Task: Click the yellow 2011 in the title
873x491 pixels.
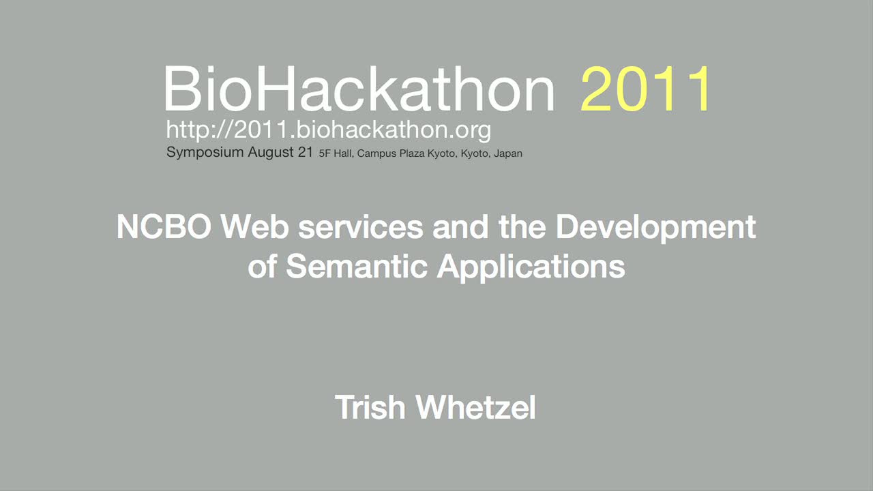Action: [645, 89]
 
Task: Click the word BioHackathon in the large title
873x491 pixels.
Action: [359, 89]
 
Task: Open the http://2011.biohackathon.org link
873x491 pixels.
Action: [329, 130]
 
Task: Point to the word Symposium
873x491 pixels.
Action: [205, 152]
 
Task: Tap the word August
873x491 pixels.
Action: [271, 152]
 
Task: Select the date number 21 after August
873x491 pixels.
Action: [306, 151]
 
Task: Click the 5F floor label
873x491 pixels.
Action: [324, 153]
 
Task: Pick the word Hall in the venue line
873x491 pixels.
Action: [343, 153]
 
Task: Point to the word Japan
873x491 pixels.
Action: [508, 154]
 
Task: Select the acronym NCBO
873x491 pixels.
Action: [164, 227]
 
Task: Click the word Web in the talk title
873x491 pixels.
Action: [255, 227]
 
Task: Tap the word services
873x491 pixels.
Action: [361, 228]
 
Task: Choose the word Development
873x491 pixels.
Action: [655, 228]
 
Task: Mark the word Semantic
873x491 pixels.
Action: [357, 267]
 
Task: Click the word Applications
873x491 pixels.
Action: [531, 268]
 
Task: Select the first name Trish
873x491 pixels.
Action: [370, 407]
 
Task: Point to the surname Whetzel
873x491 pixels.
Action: [475, 407]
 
